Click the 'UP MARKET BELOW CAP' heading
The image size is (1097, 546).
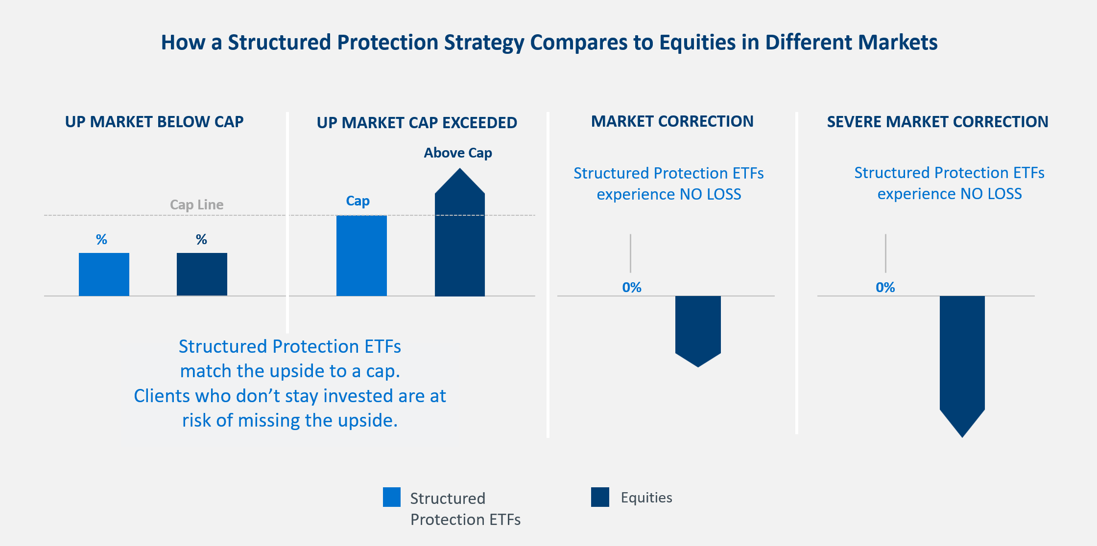pyautogui.click(x=154, y=122)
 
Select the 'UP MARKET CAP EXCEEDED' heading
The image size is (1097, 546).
pyautogui.click(x=417, y=122)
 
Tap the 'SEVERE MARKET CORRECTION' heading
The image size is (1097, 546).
pyautogui.click(x=937, y=121)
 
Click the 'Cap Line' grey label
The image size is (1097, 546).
pyautogui.click(x=196, y=205)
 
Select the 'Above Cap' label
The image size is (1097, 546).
pyautogui.click(x=458, y=153)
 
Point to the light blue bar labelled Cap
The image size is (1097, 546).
pyautogui.click(x=361, y=255)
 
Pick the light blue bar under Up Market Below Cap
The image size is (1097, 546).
pyautogui.click(x=104, y=274)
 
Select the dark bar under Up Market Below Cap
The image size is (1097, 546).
pyautogui.click(x=202, y=274)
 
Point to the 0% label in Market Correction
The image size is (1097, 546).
pyautogui.click(x=632, y=287)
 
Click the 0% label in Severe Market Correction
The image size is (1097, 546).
pyautogui.click(x=885, y=287)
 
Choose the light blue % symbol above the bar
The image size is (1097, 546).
pyautogui.click(x=101, y=239)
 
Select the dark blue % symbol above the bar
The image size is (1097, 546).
pyautogui.click(x=201, y=239)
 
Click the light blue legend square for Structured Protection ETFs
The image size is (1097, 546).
pyautogui.click(x=392, y=497)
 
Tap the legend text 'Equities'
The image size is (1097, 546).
pyautogui.click(x=646, y=498)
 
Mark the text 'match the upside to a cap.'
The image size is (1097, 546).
pyautogui.click(x=290, y=371)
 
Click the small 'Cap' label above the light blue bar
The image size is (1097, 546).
pyautogui.click(x=358, y=201)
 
